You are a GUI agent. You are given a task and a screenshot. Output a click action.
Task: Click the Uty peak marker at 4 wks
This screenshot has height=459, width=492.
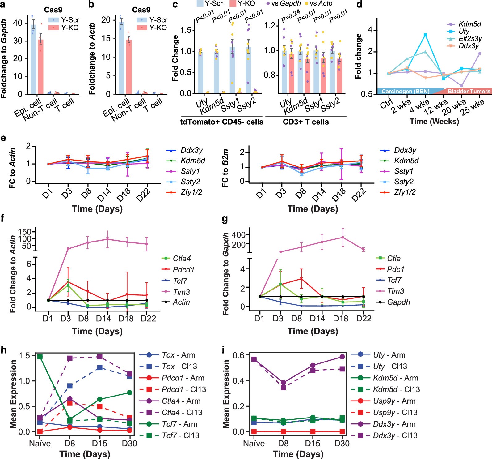click(425, 35)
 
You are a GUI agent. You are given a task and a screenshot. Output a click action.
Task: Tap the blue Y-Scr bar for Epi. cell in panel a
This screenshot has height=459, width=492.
click(33, 59)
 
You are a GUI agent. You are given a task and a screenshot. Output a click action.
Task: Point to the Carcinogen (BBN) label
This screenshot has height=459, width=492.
click(405, 91)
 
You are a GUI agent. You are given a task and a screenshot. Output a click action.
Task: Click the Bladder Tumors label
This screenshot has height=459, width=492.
click(469, 91)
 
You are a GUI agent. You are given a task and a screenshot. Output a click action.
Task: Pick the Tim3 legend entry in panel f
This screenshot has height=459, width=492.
click(181, 292)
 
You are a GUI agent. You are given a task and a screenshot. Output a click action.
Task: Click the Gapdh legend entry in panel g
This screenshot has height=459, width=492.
click(398, 302)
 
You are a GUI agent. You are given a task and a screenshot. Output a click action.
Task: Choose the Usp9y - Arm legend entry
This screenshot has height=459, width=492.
click(394, 401)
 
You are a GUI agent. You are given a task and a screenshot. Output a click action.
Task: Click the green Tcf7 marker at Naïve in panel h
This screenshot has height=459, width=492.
click(40, 357)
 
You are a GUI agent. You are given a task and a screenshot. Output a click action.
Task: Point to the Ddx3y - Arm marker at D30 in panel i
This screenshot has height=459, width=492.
click(342, 357)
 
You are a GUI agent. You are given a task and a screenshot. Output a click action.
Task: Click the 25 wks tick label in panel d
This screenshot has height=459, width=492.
click(472, 107)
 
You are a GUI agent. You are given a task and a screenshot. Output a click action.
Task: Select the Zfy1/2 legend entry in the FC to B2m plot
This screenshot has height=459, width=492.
click(405, 192)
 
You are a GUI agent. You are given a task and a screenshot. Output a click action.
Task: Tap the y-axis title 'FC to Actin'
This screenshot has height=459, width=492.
click(12, 168)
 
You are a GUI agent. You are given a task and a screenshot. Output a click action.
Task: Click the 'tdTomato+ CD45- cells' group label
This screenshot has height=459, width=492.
click(221, 122)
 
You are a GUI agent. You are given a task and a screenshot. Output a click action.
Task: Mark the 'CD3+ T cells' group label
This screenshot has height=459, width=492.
click(306, 122)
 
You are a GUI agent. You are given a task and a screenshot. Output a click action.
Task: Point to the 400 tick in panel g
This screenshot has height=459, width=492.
click(239, 234)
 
